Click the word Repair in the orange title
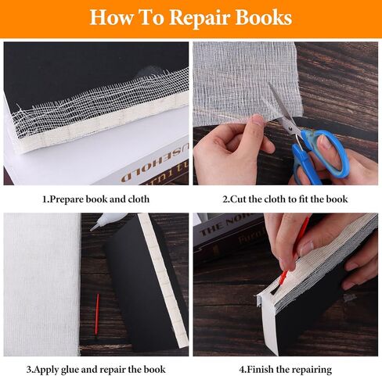[198, 17]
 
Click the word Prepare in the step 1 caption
[75, 199]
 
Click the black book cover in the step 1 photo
[78, 70]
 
